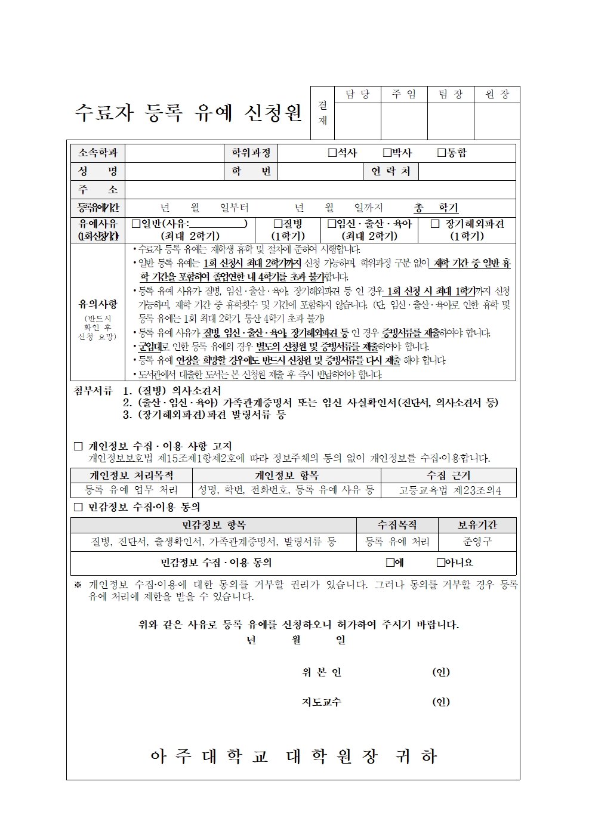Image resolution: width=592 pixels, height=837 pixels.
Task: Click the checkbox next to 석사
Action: click(x=332, y=153)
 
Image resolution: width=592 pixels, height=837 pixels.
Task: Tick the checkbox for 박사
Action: click(x=387, y=153)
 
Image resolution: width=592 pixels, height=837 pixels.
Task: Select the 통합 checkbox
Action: click(x=442, y=153)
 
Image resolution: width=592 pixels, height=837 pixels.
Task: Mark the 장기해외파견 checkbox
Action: click(x=435, y=224)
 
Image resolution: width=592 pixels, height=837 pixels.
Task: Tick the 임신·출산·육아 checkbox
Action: click(x=332, y=224)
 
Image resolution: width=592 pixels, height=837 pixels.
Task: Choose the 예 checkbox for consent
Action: click(x=390, y=562)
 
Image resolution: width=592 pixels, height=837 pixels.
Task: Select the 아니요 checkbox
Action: click(x=441, y=562)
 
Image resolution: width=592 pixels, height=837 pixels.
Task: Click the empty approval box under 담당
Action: click(x=357, y=121)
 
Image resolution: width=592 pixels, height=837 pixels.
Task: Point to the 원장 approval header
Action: click(x=497, y=95)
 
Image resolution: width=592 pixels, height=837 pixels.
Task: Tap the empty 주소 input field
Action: click(x=320, y=190)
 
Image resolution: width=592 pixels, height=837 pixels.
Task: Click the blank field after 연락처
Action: click(x=467, y=171)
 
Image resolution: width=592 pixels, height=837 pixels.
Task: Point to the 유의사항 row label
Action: click(x=98, y=304)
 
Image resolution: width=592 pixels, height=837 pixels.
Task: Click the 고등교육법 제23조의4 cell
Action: click(x=449, y=490)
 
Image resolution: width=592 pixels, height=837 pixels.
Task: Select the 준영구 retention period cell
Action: click(x=477, y=542)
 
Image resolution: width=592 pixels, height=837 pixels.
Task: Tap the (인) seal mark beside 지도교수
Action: click(x=441, y=702)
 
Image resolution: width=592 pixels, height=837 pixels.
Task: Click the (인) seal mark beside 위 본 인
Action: click(x=441, y=672)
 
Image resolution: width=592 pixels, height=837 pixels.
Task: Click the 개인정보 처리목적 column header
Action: click(x=131, y=475)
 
